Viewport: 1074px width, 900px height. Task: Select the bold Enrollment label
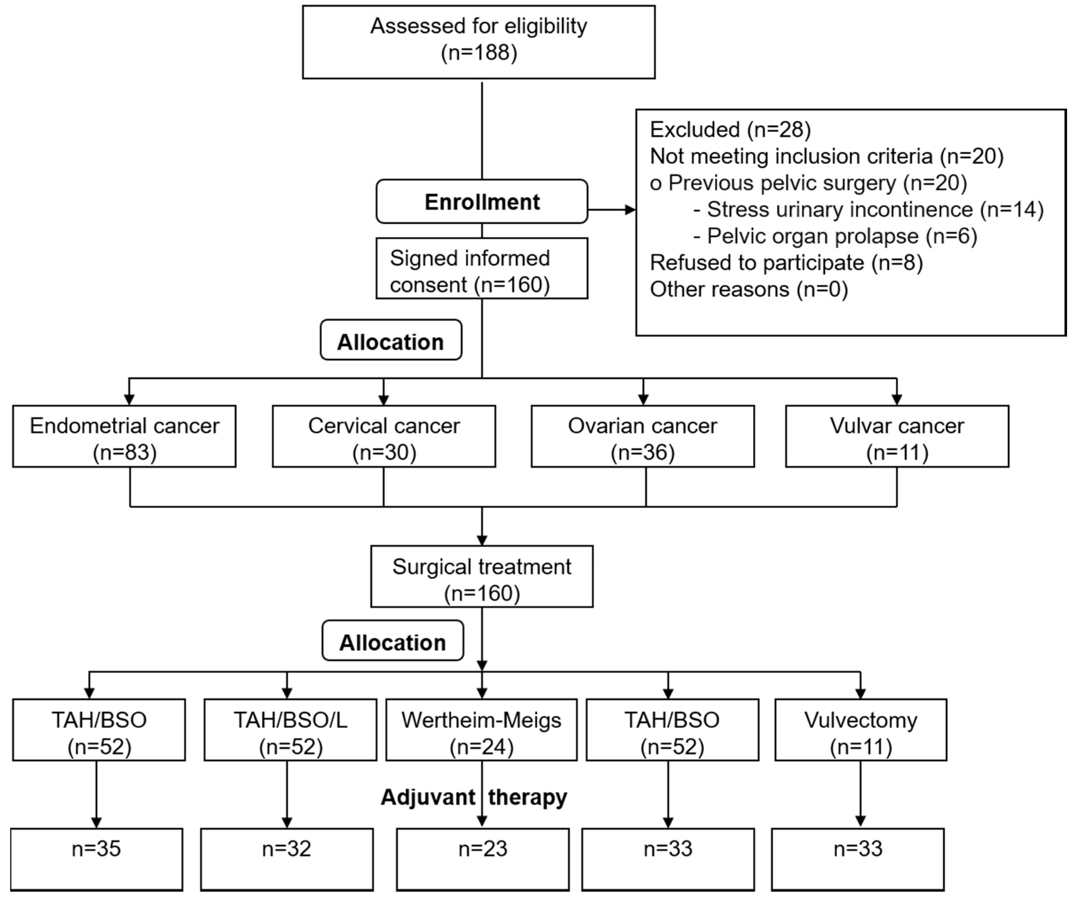482,202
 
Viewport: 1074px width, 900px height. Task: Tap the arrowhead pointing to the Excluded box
630,209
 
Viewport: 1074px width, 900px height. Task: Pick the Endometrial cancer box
124,436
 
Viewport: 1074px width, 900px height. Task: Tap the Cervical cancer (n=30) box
384,436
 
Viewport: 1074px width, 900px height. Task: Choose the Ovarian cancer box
642,436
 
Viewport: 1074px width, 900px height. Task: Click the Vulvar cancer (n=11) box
897,436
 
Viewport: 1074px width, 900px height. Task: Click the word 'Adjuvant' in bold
427,797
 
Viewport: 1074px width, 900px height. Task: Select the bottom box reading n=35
96,860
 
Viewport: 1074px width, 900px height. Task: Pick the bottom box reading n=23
482,860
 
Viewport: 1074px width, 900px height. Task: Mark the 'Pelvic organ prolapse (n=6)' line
835,236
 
